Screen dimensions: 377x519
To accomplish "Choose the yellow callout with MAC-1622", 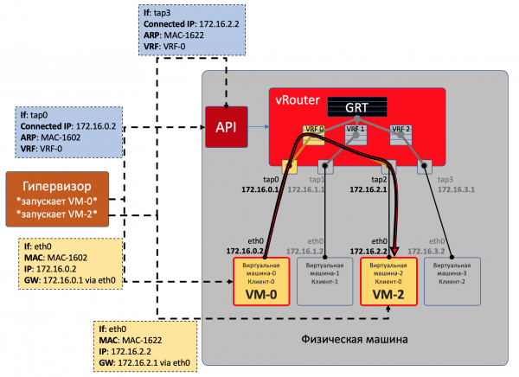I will pos(146,344).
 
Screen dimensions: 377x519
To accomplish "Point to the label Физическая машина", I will pos(355,338).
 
